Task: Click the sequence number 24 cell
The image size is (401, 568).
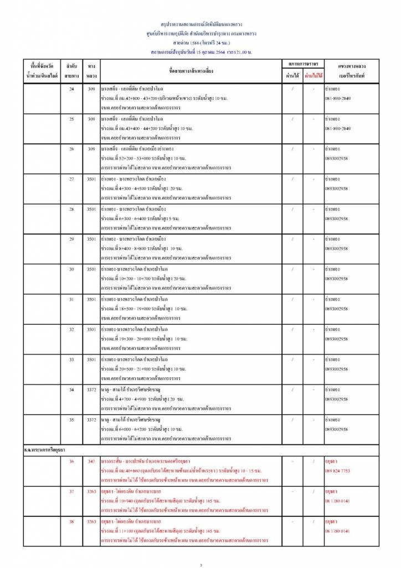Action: (71, 89)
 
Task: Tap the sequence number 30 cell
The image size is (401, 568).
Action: (71, 269)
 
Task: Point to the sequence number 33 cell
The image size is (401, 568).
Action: (71, 359)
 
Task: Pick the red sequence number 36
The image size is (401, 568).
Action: (71, 461)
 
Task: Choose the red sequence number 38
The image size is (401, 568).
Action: (71, 521)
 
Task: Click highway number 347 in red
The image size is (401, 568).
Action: (92, 461)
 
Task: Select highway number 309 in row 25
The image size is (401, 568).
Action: (92, 119)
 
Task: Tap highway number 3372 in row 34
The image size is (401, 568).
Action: (92, 389)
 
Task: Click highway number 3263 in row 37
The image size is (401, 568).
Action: (92, 491)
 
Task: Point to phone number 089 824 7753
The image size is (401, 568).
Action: (338, 470)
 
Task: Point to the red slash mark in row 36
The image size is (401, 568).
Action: (313, 461)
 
